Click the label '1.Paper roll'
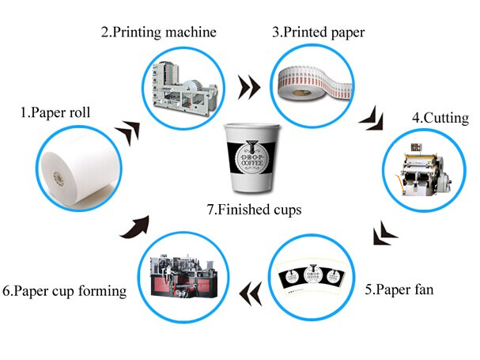55,112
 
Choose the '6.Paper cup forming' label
64,291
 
